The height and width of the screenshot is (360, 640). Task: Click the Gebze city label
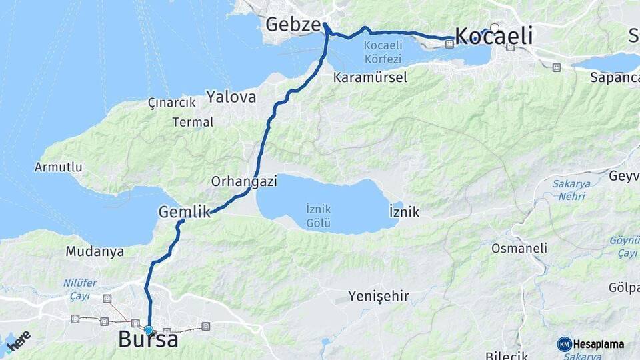[x=293, y=25]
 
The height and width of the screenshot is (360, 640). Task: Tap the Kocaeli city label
[x=493, y=36]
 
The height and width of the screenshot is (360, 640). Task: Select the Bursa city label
[x=148, y=339]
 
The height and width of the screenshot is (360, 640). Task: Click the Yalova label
[x=231, y=97]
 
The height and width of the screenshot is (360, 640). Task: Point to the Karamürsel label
[x=370, y=77]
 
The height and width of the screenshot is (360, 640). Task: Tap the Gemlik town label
[x=184, y=212]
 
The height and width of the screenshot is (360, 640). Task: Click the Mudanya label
[x=95, y=252]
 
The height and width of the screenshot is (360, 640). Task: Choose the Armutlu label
[x=59, y=167]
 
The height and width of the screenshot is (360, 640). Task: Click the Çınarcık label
[x=171, y=103]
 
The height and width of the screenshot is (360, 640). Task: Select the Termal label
[x=193, y=122]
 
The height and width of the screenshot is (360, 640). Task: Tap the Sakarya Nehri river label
[x=569, y=190]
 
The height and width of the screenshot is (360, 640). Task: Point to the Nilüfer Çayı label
[x=80, y=288]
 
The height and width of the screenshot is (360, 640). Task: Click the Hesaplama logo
[x=591, y=344]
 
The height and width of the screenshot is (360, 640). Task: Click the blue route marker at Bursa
[x=148, y=330]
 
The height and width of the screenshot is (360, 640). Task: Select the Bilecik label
[x=506, y=355]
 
